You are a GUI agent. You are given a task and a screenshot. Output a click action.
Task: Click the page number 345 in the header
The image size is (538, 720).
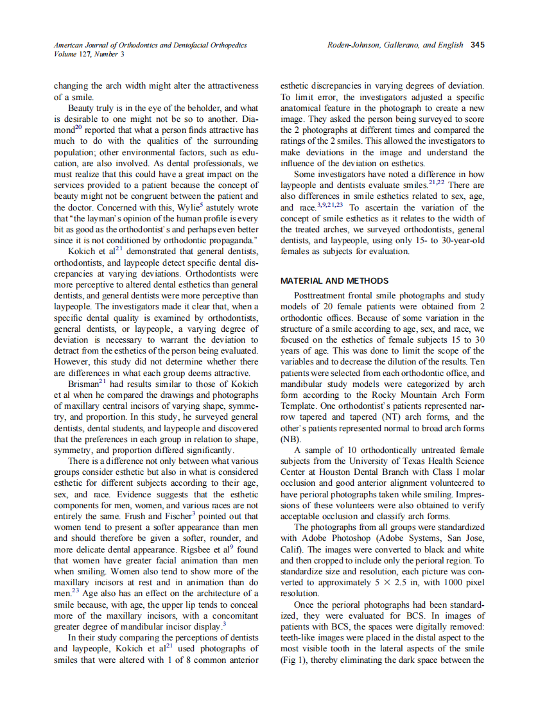pyautogui.click(x=477, y=45)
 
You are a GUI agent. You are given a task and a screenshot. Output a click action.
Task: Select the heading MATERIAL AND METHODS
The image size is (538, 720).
pyautogui.click(x=334, y=280)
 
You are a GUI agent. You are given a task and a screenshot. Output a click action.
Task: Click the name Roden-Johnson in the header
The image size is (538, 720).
pyautogui.click(x=351, y=45)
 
